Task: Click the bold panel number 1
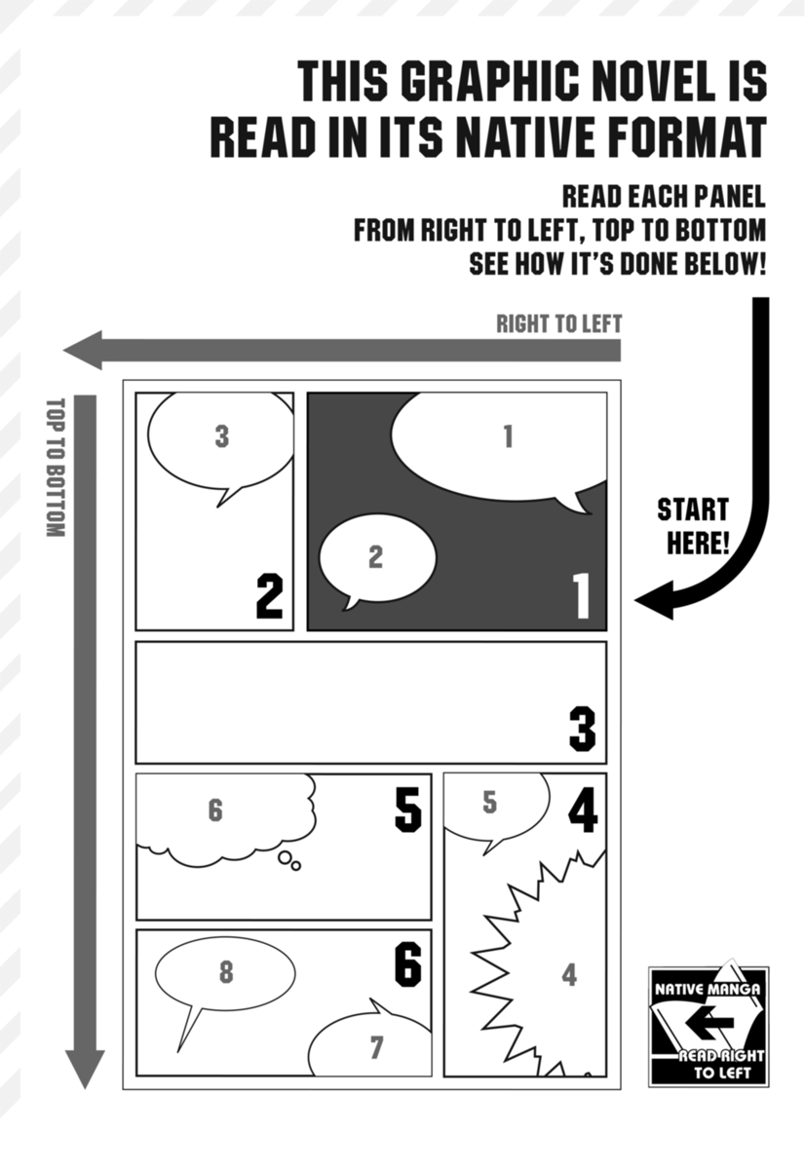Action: click(581, 595)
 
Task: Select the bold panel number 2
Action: click(269, 596)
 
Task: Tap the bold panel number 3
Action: click(582, 730)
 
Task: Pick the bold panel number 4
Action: click(582, 811)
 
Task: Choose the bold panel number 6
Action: click(407, 963)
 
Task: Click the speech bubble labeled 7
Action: click(375, 1046)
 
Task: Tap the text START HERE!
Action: click(692, 525)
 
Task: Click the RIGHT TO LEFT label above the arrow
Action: click(558, 324)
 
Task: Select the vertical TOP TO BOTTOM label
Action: click(55, 468)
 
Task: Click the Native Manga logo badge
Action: click(709, 1026)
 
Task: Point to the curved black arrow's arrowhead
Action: click(655, 599)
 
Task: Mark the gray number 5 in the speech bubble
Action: click(490, 803)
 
